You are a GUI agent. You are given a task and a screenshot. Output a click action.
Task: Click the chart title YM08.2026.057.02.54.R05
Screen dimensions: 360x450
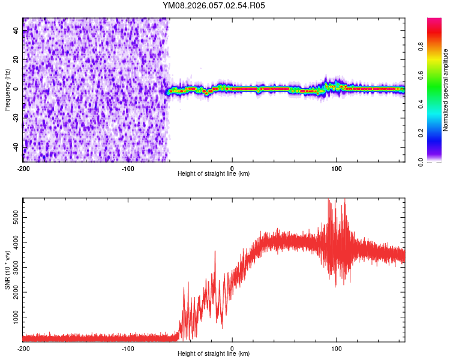point(214,5)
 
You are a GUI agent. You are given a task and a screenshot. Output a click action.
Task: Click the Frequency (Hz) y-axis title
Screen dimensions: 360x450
point(7,90)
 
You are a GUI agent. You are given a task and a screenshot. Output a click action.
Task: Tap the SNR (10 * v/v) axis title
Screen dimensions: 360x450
point(7,270)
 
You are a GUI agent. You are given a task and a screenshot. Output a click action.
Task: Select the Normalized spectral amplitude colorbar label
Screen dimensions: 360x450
point(446,90)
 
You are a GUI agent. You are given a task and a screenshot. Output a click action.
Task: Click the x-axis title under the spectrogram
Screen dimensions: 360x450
point(214,173)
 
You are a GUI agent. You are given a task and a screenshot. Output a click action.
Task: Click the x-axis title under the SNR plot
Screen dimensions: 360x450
point(214,353)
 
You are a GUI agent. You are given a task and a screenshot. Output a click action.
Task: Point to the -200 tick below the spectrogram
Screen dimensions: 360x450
point(23,167)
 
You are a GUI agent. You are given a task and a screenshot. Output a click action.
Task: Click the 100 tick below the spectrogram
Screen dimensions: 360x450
point(337,167)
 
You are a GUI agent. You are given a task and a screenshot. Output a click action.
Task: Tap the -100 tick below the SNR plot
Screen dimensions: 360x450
point(128,347)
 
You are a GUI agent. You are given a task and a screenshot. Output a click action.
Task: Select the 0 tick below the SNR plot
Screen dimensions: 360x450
point(232,347)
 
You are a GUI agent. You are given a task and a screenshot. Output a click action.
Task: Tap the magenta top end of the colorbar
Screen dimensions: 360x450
point(434,21)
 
